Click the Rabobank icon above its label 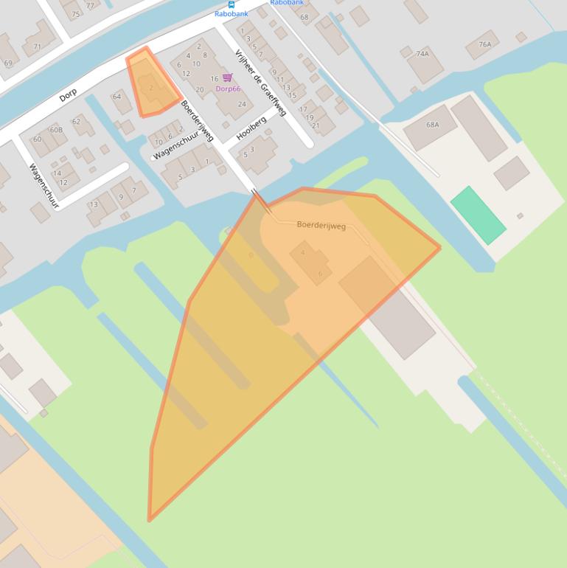231,4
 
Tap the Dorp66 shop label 228,89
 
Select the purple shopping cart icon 227,77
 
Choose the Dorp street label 68,95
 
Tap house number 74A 422,54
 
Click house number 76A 484,44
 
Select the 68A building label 432,125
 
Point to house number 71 37,46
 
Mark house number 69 8,63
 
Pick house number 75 74,13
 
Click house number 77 90,5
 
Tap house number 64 116,97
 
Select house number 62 76,121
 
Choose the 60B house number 56,130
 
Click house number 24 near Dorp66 242,104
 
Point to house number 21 316,125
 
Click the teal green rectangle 478,215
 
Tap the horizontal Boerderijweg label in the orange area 321,226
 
